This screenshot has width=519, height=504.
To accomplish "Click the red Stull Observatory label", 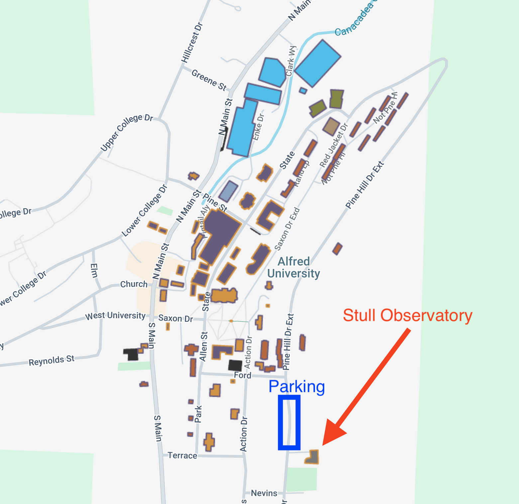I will tap(407, 315).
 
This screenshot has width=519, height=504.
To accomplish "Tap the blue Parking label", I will tap(296, 386).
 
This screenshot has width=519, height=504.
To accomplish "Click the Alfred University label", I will tap(294, 267).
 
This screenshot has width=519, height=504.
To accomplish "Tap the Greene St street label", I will tap(209, 80).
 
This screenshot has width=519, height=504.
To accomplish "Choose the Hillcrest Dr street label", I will tap(192, 42).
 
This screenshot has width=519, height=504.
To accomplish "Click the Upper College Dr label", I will tap(127, 133).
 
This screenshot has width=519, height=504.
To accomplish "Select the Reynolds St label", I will tap(52, 360).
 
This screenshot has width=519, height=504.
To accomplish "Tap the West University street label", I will tap(115, 315).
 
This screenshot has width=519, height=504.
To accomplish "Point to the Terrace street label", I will tap(182, 455).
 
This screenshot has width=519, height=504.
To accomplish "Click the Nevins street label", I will tap(264, 493).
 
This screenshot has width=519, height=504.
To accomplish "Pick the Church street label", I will tap(134, 284).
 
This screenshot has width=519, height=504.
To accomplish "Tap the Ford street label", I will tap(243, 375).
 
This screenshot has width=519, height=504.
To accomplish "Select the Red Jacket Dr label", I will tap(334, 145).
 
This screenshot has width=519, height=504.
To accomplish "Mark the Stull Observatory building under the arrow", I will tap(313, 457).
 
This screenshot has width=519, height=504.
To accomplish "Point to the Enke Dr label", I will tap(258, 127).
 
